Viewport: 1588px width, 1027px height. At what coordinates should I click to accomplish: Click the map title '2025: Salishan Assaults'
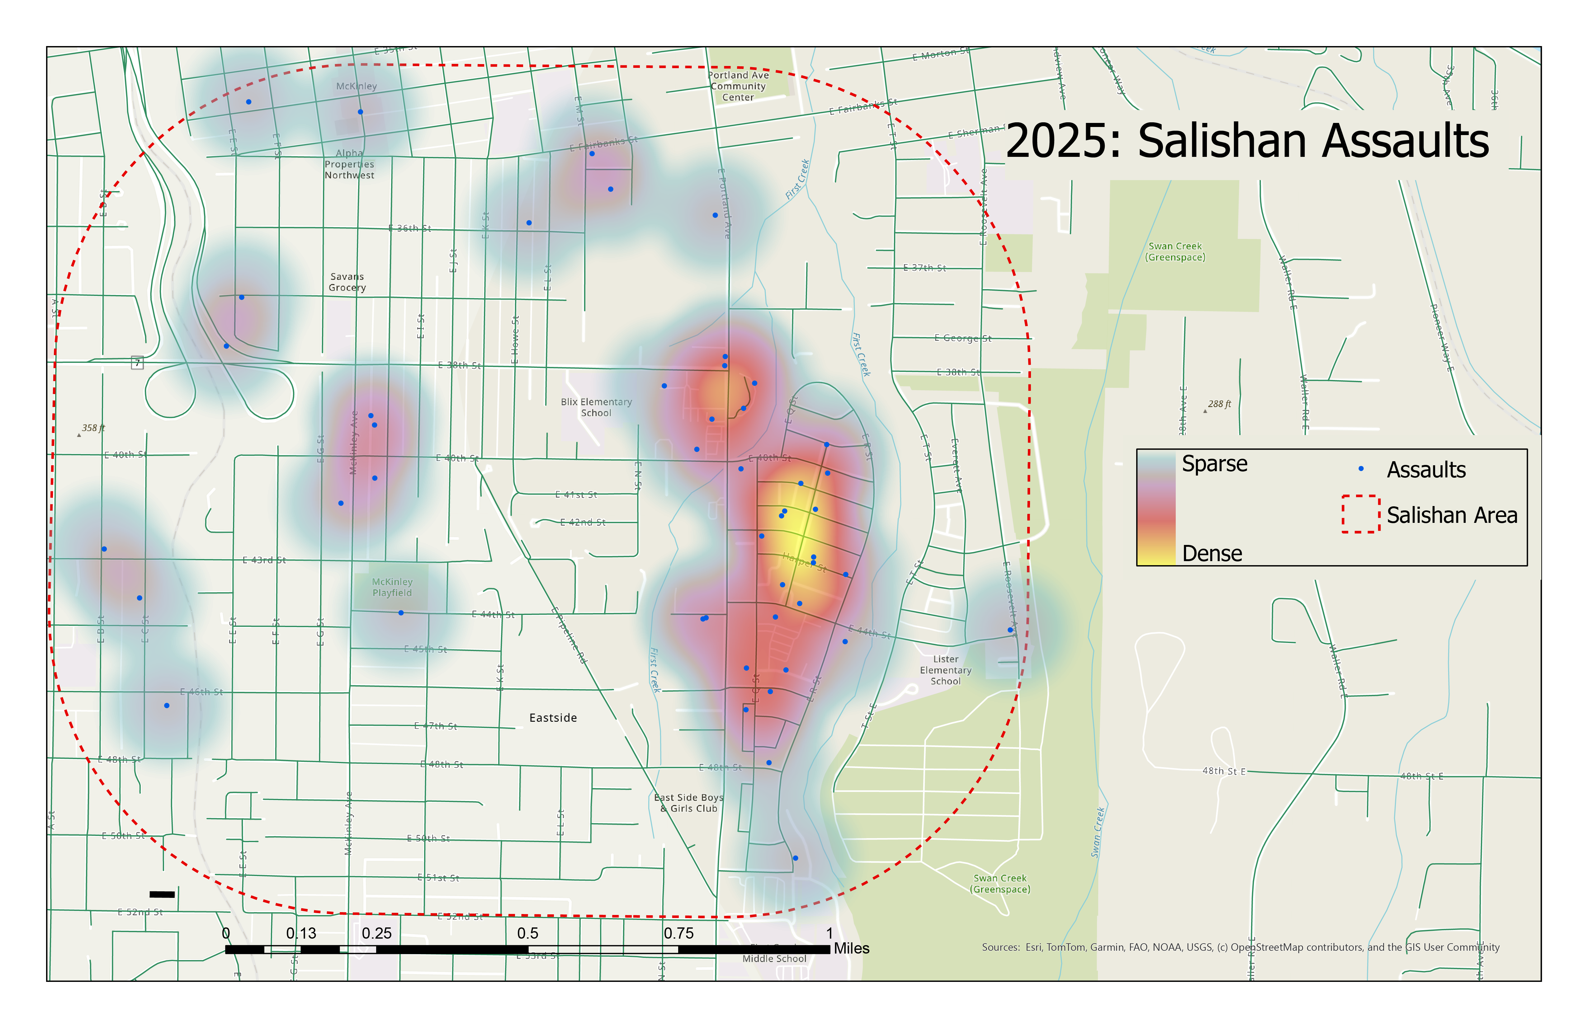coord(1246,141)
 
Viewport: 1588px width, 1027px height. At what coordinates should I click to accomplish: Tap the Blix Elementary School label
coord(596,407)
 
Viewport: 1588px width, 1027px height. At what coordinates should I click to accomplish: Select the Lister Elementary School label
coord(945,670)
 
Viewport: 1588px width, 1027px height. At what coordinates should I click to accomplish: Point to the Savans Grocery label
coord(347,282)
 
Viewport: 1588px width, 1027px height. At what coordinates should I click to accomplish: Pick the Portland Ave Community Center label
coord(738,86)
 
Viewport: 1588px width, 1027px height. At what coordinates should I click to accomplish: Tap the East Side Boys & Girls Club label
coord(688,803)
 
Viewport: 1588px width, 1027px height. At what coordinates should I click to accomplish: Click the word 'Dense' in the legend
coord(1212,554)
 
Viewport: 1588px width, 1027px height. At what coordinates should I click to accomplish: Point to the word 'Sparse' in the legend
coord(1214,463)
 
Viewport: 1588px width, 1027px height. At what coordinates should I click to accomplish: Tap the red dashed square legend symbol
coord(1360,514)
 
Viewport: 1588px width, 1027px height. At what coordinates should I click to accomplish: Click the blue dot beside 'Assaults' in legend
coord(1361,469)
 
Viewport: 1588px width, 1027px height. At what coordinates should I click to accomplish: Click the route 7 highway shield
coord(137,363)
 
